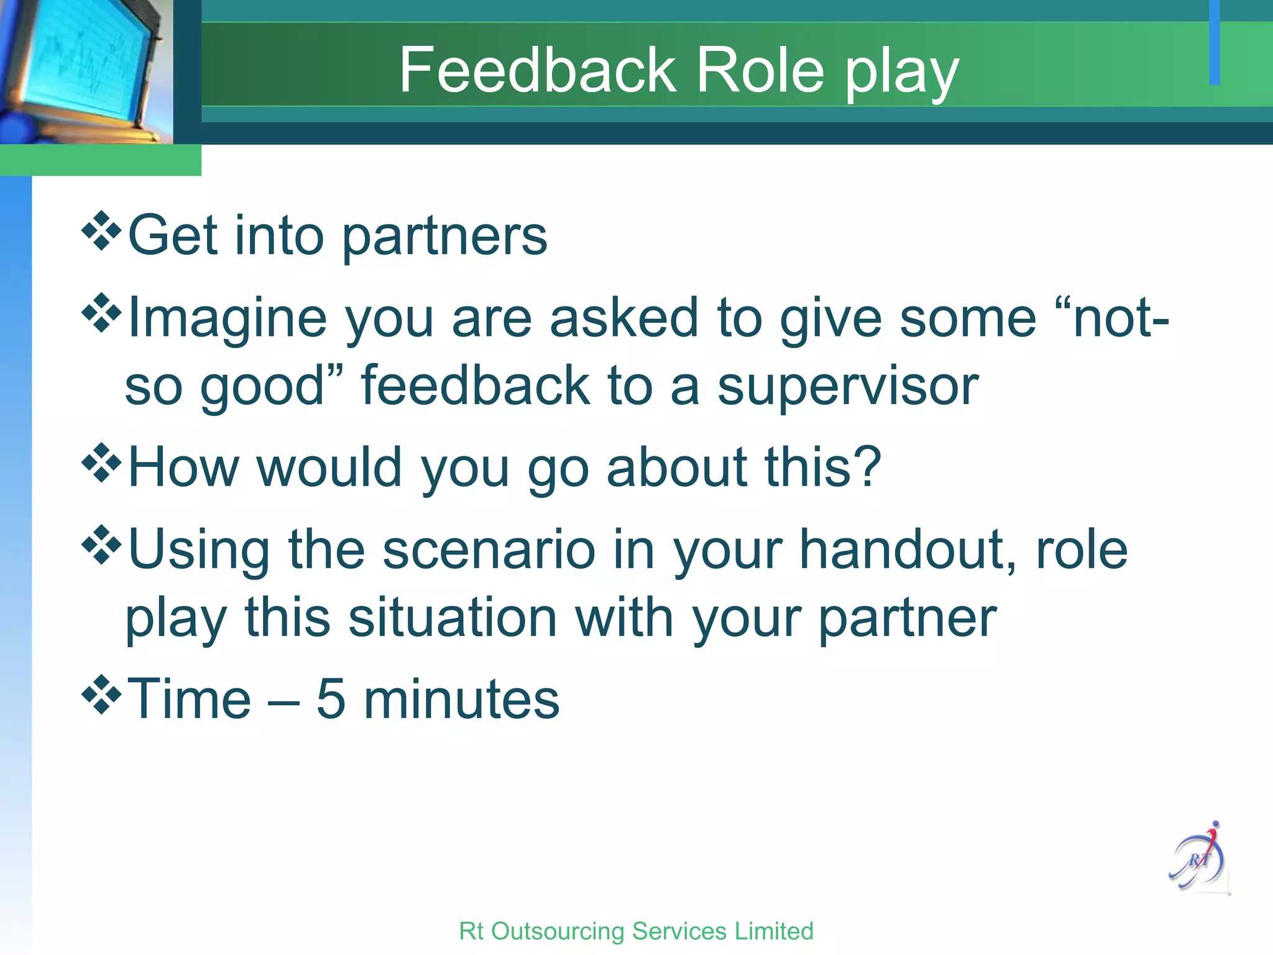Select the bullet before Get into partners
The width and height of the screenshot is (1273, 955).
coord(101,231)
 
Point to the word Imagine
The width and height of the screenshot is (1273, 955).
coord(227,318)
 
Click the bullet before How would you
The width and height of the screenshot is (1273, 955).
coord(101,463)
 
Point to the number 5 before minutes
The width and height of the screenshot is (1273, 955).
coord(331,699)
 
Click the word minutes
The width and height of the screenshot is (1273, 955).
coord(461,699)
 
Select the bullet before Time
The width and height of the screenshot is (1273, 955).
coord(101,695)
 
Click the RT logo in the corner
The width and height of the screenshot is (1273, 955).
coord(1198,858)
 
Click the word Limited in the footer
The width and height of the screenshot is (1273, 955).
coord(773,931)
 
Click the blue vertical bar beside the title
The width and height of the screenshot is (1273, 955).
coord(1214,42)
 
